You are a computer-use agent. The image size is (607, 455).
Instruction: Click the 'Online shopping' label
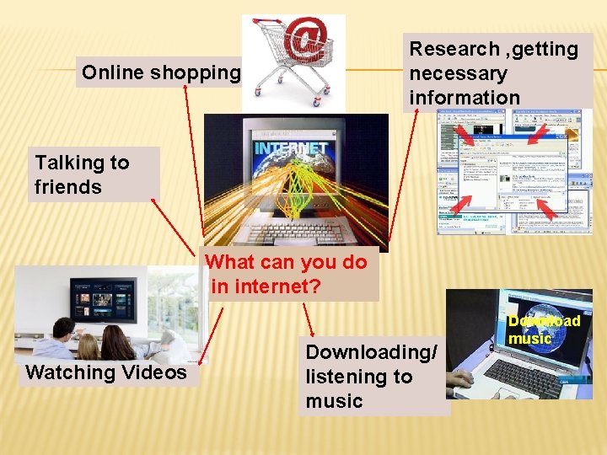(x=160, y=73)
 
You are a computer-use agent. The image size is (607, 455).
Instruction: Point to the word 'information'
(x=465, y=98)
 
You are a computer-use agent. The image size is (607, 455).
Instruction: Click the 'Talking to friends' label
(x=82, y=174)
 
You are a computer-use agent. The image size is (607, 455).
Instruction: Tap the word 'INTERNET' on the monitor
(x=290, y=150)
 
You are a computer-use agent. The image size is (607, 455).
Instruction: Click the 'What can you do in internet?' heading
(x=287, y=274)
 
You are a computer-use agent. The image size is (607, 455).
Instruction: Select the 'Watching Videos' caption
(x=106, y=372)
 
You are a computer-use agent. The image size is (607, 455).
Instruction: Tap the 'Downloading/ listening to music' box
(x=371, y=377)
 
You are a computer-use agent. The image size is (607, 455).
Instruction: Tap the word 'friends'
(x=68, y=187)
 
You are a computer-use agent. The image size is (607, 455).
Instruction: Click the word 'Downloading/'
(x=371, y=353)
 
